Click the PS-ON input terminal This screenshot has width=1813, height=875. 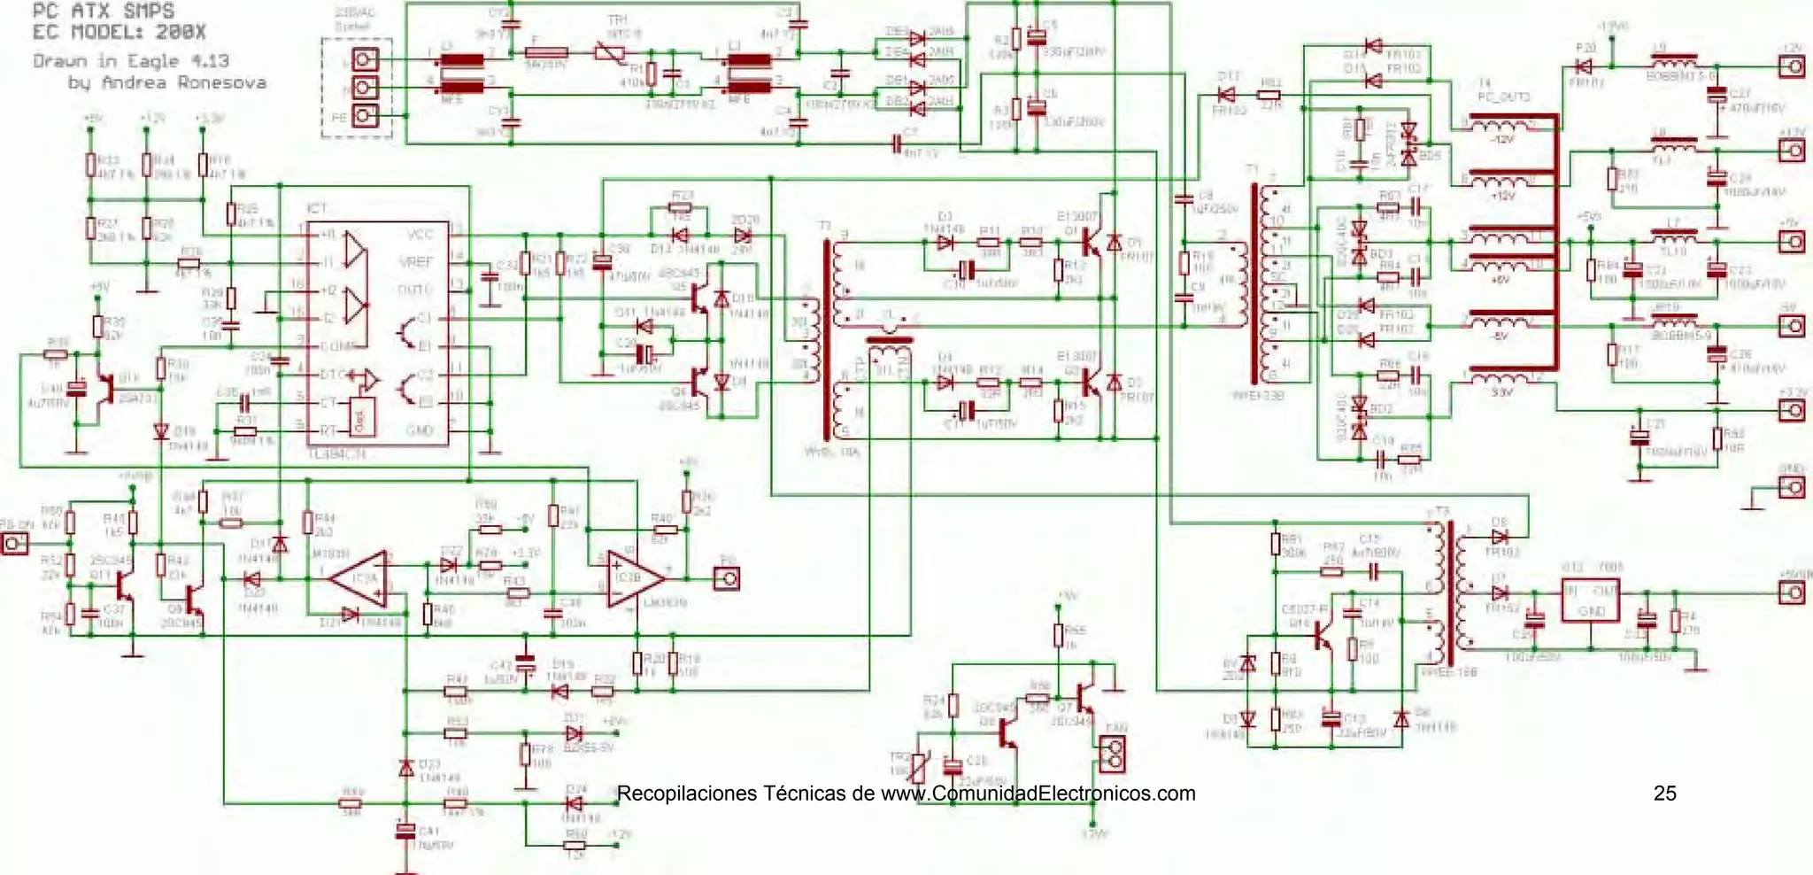15,543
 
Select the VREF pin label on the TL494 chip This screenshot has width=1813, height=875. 417,262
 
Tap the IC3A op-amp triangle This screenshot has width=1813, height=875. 361,579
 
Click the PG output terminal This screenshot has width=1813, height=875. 726,578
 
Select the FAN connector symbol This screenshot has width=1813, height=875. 1115,753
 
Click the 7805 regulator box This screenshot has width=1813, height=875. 1590,600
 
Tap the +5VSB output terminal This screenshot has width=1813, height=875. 1792,592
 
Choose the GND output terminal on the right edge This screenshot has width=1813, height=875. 1792,487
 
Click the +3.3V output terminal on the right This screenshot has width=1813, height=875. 1792,410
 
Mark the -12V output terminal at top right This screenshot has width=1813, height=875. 1792,66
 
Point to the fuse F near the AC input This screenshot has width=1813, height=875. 545,53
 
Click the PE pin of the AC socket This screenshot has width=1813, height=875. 365,116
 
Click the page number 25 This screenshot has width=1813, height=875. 1664,793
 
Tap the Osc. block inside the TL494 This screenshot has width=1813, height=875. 361,416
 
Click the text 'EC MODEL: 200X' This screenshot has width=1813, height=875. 119,32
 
